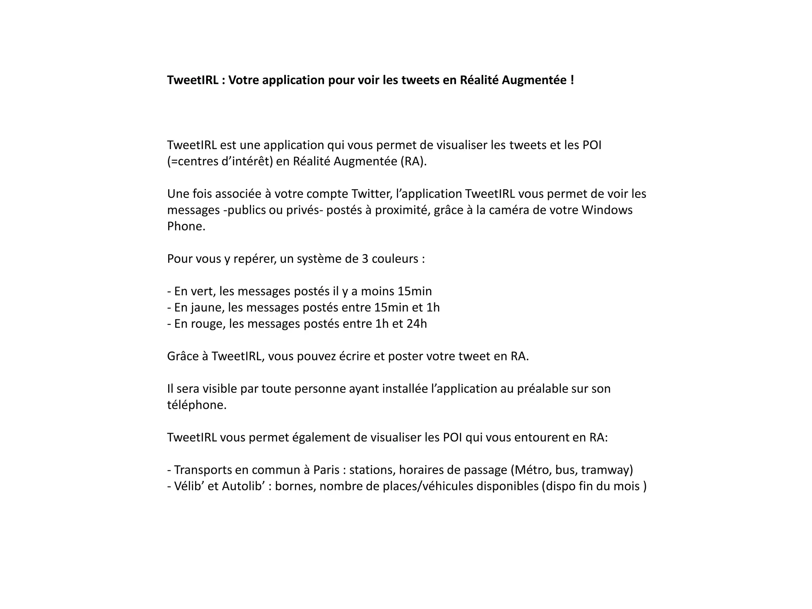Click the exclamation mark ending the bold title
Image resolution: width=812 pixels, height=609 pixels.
(572, 80)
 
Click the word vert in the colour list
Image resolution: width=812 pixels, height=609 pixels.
(202, 291)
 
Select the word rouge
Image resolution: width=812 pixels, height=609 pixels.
(208, 324)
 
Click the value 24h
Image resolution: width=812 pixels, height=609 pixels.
(417, 324)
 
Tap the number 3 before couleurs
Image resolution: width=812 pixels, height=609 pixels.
(365, 259)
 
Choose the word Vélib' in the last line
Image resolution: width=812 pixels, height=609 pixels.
(189, 486)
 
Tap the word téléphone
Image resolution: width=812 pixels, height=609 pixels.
(196, 405)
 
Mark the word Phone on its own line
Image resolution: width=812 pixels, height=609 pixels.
(186, 226)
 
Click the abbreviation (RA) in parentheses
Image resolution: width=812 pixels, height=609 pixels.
(414, 162)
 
